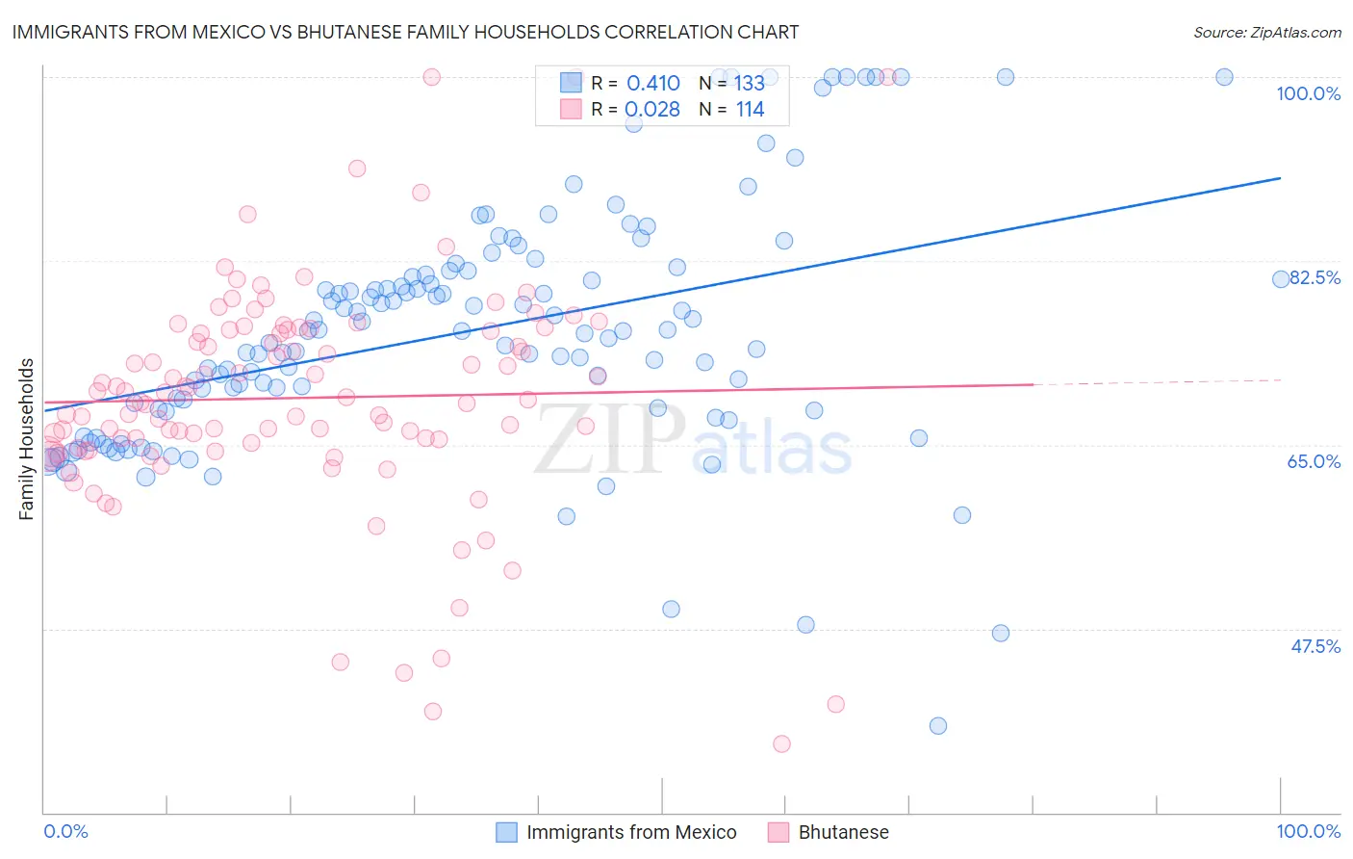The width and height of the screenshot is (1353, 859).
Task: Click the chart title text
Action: coord(405,32)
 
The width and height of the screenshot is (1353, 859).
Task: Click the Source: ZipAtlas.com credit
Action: coord(1266,33)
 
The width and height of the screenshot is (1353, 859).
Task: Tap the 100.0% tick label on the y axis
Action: coord(1308,93)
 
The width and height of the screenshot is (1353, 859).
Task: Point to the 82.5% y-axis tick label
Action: coord(1315,277)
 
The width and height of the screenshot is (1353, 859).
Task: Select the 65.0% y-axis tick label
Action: coord(1314,461)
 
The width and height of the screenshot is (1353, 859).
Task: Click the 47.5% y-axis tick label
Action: coord(1315,646)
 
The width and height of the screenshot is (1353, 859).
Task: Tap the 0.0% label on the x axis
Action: coord(65,831)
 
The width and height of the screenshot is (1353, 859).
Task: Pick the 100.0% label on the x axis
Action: coord(1308,831)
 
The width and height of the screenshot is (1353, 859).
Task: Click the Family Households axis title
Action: coord(27,439)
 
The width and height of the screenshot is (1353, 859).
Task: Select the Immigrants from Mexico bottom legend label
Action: coord(631,832)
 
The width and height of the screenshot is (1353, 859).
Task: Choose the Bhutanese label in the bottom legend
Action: coord(843,832)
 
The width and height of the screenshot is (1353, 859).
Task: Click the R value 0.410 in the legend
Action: coord(652,84)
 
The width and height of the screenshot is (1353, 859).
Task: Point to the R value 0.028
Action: coord(652,110)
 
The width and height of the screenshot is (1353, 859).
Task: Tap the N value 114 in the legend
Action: coord(750,110)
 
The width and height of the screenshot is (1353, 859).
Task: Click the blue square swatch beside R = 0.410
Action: coord(571,83)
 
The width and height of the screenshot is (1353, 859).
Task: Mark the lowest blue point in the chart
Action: coord(938,726)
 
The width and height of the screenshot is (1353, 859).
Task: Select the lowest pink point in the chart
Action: coord(781,743)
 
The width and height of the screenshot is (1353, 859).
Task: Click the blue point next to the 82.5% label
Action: coord(1281,279)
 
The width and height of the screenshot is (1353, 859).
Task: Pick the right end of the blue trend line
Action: coord(1281,178)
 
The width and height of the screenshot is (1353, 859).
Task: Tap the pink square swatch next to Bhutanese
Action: coord(778,832)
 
